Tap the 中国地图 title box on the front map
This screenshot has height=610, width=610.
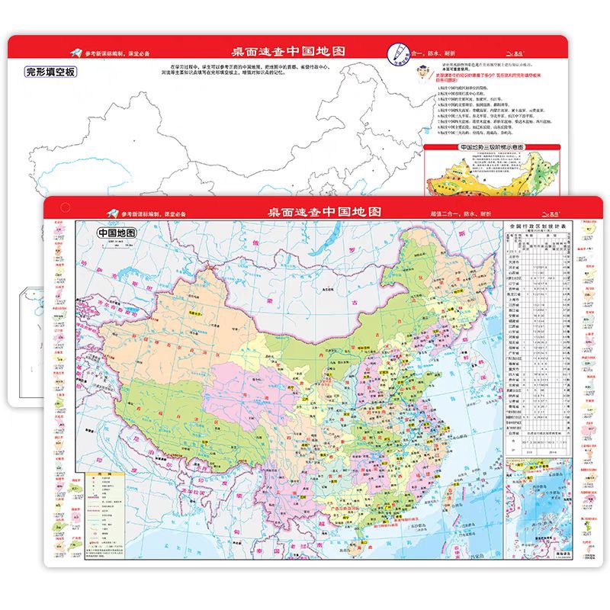click(x=116, y=233)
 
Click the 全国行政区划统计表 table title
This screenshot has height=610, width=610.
click(x=538, y=226)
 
